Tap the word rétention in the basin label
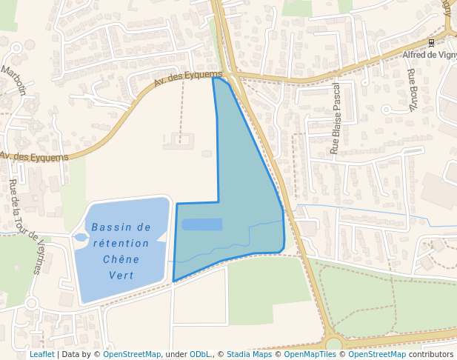(121, 243)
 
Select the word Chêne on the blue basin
(121, 259)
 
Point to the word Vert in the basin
(121, 275)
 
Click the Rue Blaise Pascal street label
(335, 119)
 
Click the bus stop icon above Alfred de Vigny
(431, 43)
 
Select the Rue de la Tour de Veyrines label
(26, 227)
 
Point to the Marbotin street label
(13, 81)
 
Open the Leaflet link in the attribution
(41, 355)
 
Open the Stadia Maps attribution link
(249, 355)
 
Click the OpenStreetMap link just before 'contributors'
(376, 355)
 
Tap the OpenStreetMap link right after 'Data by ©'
(132, 355)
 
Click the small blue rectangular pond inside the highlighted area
(201, 224)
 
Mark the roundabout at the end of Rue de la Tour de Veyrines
(31, 303)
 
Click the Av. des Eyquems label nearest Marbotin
(34, 156)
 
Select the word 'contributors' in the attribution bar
(431, 355)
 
